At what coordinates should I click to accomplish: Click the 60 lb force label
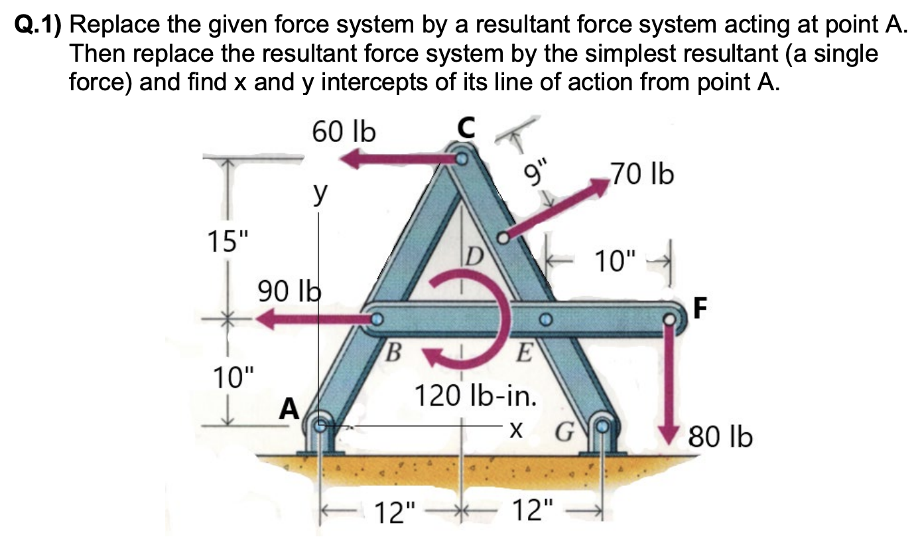343,133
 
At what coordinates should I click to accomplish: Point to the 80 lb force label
720,438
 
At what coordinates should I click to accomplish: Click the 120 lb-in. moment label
476,396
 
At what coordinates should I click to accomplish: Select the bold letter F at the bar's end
700,307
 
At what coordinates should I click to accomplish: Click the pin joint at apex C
462,159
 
